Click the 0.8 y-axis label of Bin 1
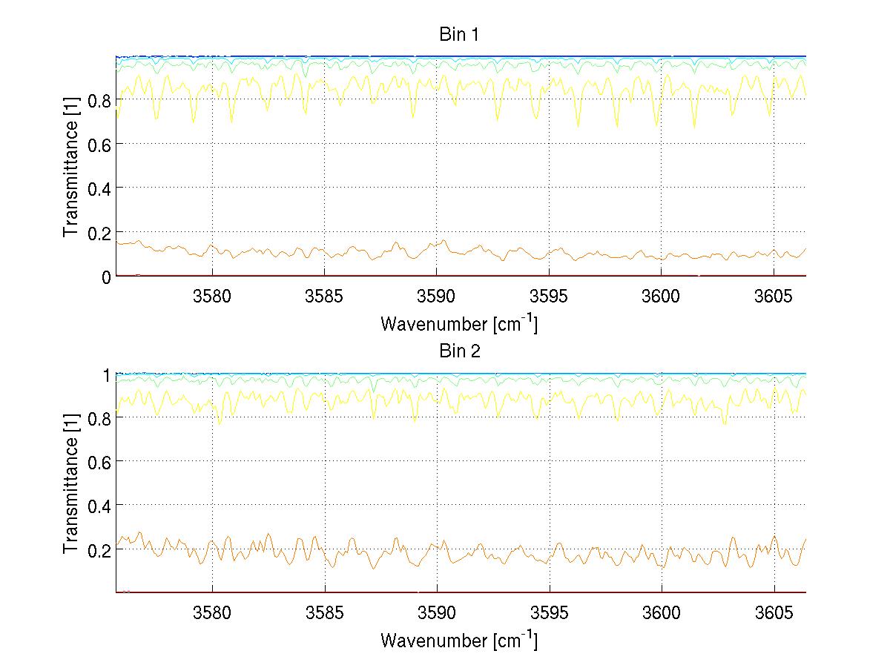point(98,99)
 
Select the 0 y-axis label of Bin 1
point(105,277)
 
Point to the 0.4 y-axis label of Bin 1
point(98,188)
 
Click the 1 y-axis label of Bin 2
point(105,374)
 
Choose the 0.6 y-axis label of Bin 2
point(98,462)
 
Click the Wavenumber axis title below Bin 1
point(459,323)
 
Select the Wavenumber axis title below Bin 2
point(459,640)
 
